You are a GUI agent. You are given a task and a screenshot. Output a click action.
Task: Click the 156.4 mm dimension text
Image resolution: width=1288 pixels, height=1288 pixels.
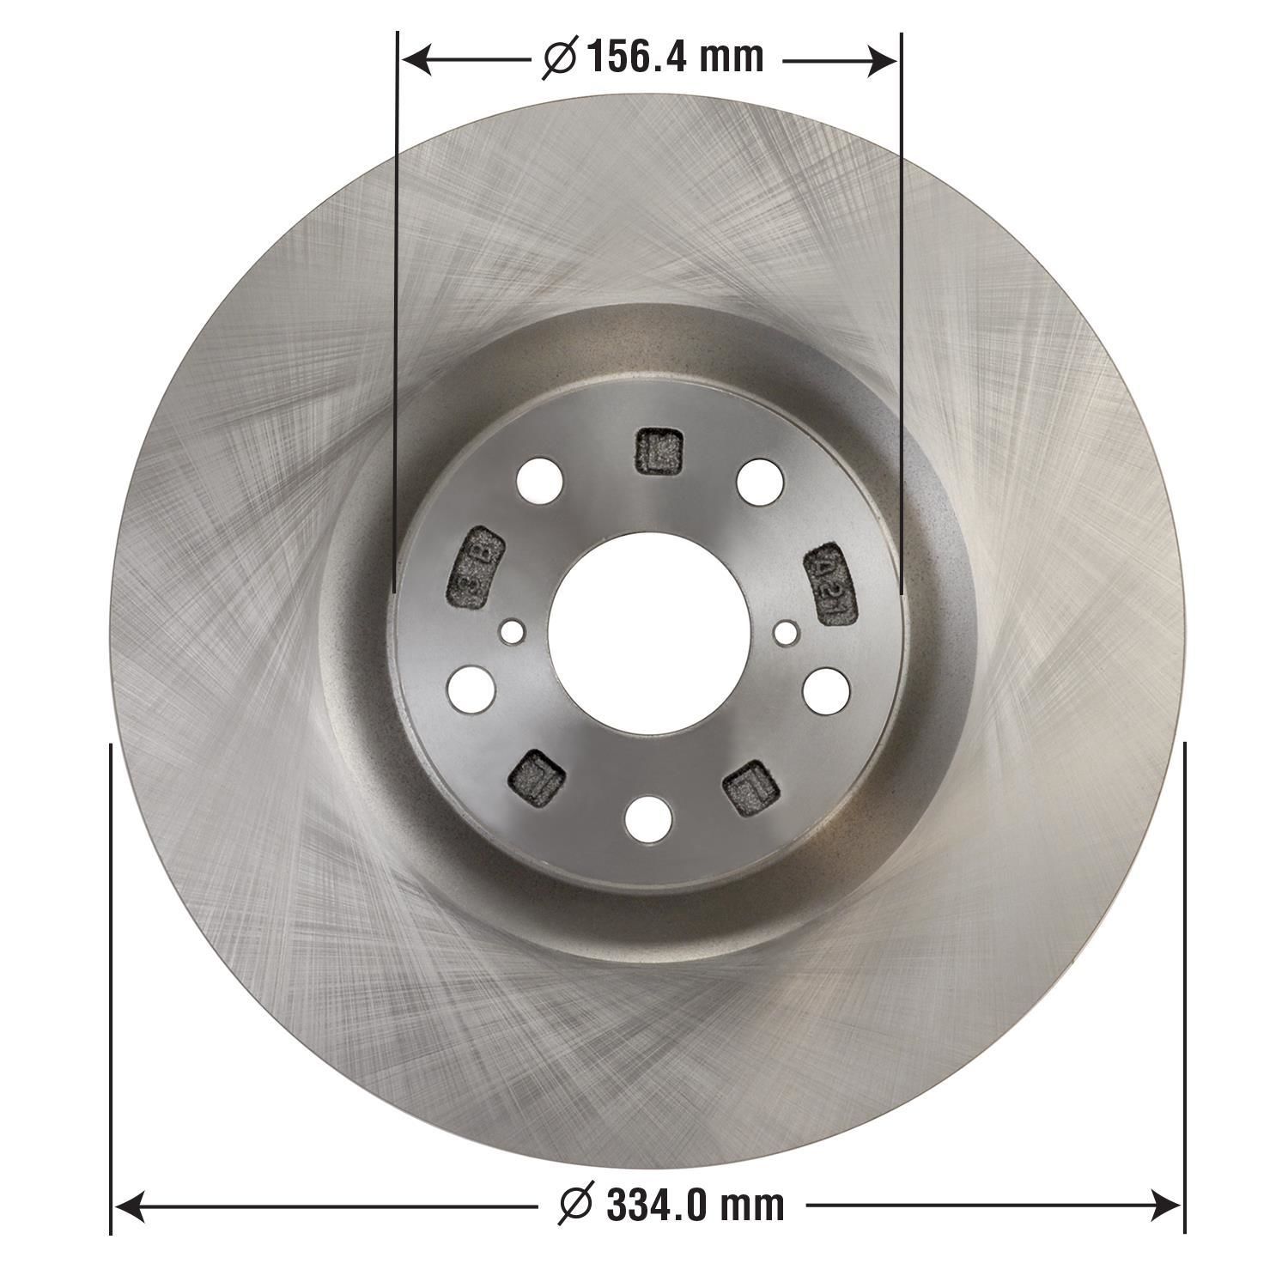click(x=675, y=58)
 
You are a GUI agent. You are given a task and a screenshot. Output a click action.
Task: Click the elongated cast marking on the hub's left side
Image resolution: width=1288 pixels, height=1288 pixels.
click(x=474, y=568)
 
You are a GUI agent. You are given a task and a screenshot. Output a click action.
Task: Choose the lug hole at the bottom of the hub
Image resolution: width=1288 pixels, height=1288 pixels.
click(x=647, y=818)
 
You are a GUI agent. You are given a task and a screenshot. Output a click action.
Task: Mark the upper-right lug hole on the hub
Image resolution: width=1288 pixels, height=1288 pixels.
click(x=758, y=480)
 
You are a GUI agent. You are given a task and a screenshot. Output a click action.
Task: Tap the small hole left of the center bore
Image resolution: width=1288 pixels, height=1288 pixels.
click(x=513, y=632)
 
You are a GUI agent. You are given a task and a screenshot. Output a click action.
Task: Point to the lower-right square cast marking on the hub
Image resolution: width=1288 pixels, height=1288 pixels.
click(x=750, y=786)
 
